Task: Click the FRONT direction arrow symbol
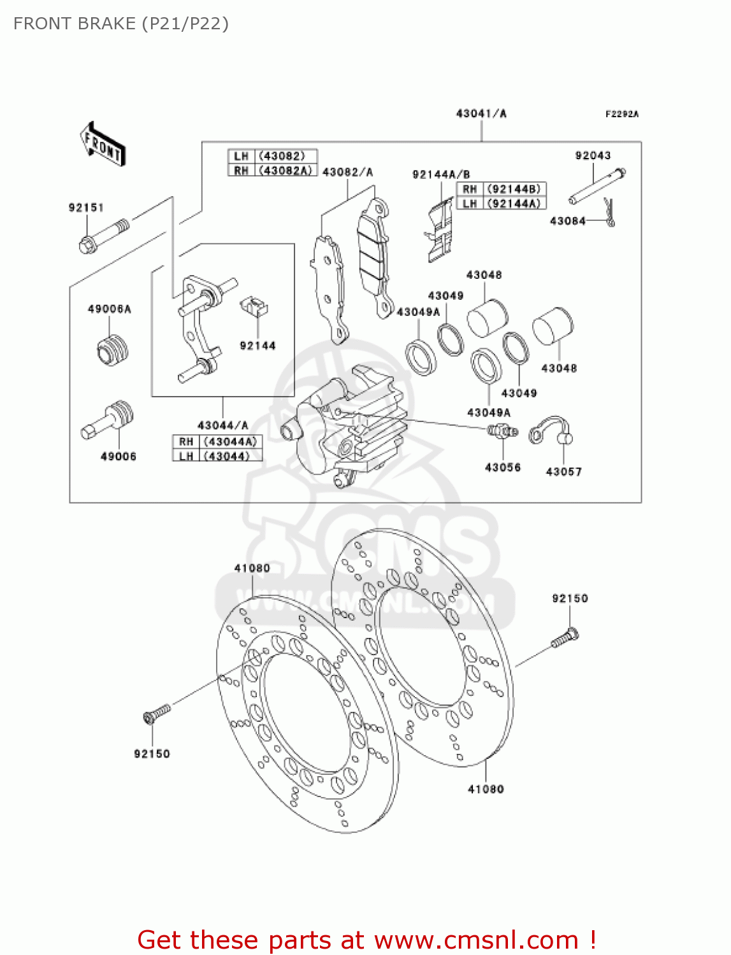102,145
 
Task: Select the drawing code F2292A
621,114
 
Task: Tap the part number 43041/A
481,114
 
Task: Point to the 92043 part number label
593,155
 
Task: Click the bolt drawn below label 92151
103,236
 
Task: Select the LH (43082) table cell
272,156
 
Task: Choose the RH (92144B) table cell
501,189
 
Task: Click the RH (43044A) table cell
217,441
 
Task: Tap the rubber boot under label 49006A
113,350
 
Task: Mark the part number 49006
119,456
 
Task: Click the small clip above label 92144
254,307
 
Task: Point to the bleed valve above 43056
502,432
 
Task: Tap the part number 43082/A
347,172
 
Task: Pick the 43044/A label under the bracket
222,425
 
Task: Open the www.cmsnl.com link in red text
475,940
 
